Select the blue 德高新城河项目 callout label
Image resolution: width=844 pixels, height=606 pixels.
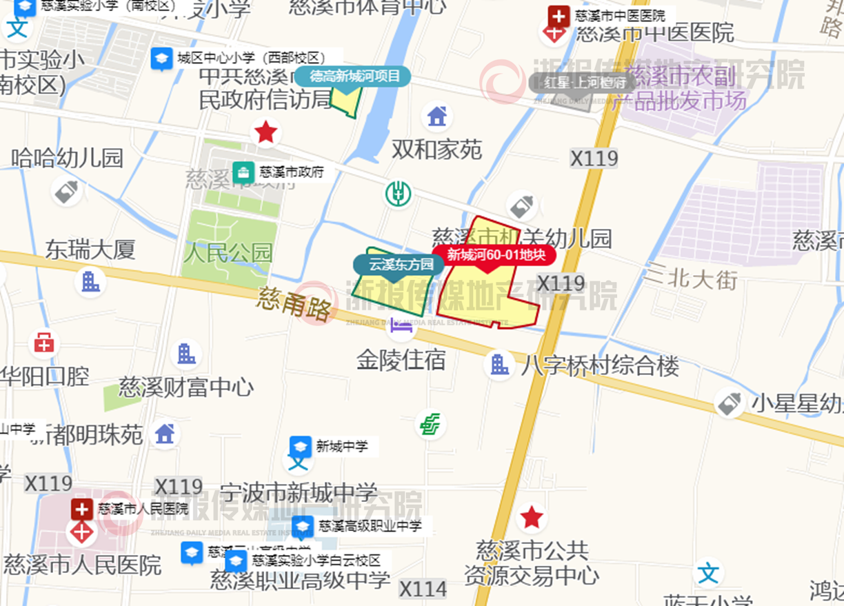coord(354,76)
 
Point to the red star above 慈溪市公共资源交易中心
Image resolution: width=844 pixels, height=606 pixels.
coord(531,516)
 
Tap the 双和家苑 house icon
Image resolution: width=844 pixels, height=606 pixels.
coord(437,116)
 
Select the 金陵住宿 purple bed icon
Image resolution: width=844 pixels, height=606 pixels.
coord(401,327)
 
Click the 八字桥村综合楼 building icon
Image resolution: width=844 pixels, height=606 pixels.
coord(499,364)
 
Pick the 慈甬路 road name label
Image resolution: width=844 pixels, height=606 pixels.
coord(297,304)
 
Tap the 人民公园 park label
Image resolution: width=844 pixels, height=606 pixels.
coord(228,252)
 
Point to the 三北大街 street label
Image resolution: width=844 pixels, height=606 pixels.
coord(691,279)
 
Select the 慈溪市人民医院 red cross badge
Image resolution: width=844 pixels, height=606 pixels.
coord(81,509)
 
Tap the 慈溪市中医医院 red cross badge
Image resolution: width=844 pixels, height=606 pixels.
coord(558,16)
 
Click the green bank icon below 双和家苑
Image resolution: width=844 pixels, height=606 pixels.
coord(398,194)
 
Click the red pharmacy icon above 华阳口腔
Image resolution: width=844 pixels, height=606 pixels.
coord(44,343)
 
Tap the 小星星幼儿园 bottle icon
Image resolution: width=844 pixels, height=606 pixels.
coord(730,403)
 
